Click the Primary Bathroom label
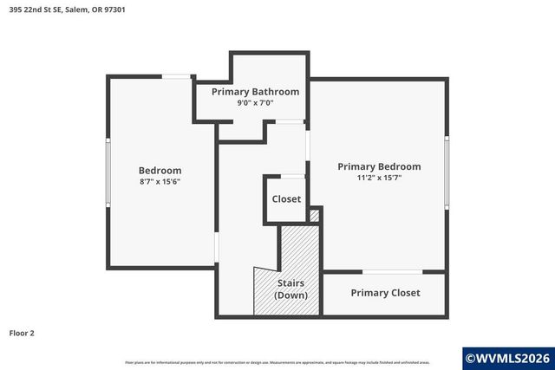[255, 92]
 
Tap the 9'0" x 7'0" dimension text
[255, 103]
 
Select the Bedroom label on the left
[160, 171]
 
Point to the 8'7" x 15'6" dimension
[160, 182]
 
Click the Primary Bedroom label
[379, 167]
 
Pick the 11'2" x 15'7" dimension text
[379, 179]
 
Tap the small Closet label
[286, 199]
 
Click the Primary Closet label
[385, 293]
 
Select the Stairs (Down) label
[291, 289]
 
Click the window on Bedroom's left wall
[107, 173]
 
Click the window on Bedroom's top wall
[178, 77]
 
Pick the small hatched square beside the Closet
[315, 215]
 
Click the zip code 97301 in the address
[127, 10]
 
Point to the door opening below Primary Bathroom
[290, 121]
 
